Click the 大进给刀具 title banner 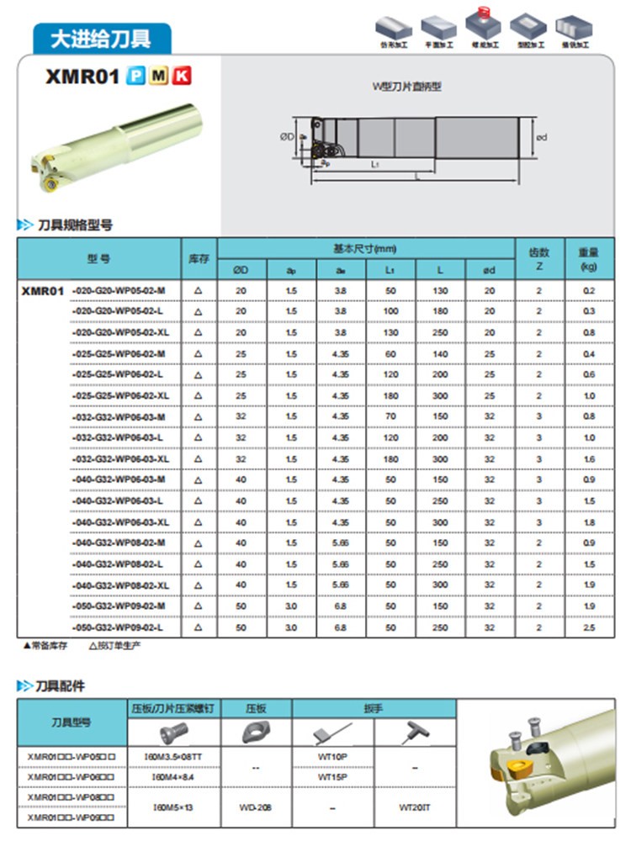point(101,38)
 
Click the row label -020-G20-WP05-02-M point(119,290)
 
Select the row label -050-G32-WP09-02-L point(119,627)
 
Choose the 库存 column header point(199,258)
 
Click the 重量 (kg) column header point(588,258)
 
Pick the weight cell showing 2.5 point(588,627)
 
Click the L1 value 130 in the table point(390,332)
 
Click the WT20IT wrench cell point(415,807)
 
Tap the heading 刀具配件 point(61,686)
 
